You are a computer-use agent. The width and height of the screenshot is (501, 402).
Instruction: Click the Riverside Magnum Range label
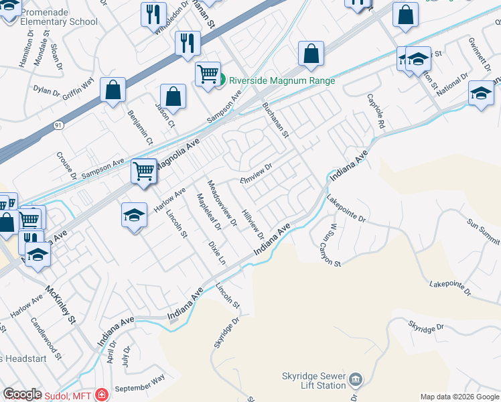(281, 80)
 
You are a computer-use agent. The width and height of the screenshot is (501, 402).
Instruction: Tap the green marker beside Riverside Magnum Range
(221, 80)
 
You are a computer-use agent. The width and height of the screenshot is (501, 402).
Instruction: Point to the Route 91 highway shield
(58, 125)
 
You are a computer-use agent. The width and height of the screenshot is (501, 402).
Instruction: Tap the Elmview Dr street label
(257, 174)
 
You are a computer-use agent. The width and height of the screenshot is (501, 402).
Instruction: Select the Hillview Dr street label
(253, 222)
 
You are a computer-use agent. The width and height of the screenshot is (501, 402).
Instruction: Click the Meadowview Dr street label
(222, 203)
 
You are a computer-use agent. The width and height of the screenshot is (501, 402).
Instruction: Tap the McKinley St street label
(62, 305)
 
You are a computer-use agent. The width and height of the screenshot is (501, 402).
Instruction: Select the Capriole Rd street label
(375, 111)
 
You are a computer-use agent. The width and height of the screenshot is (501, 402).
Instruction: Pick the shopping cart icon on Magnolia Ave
(144, 171)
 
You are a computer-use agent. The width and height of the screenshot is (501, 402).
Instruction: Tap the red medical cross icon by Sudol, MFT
(101, 395)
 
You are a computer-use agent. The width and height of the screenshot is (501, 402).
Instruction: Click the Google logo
(23, 395)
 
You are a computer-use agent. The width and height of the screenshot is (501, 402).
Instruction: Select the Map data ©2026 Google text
(459, 397)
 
